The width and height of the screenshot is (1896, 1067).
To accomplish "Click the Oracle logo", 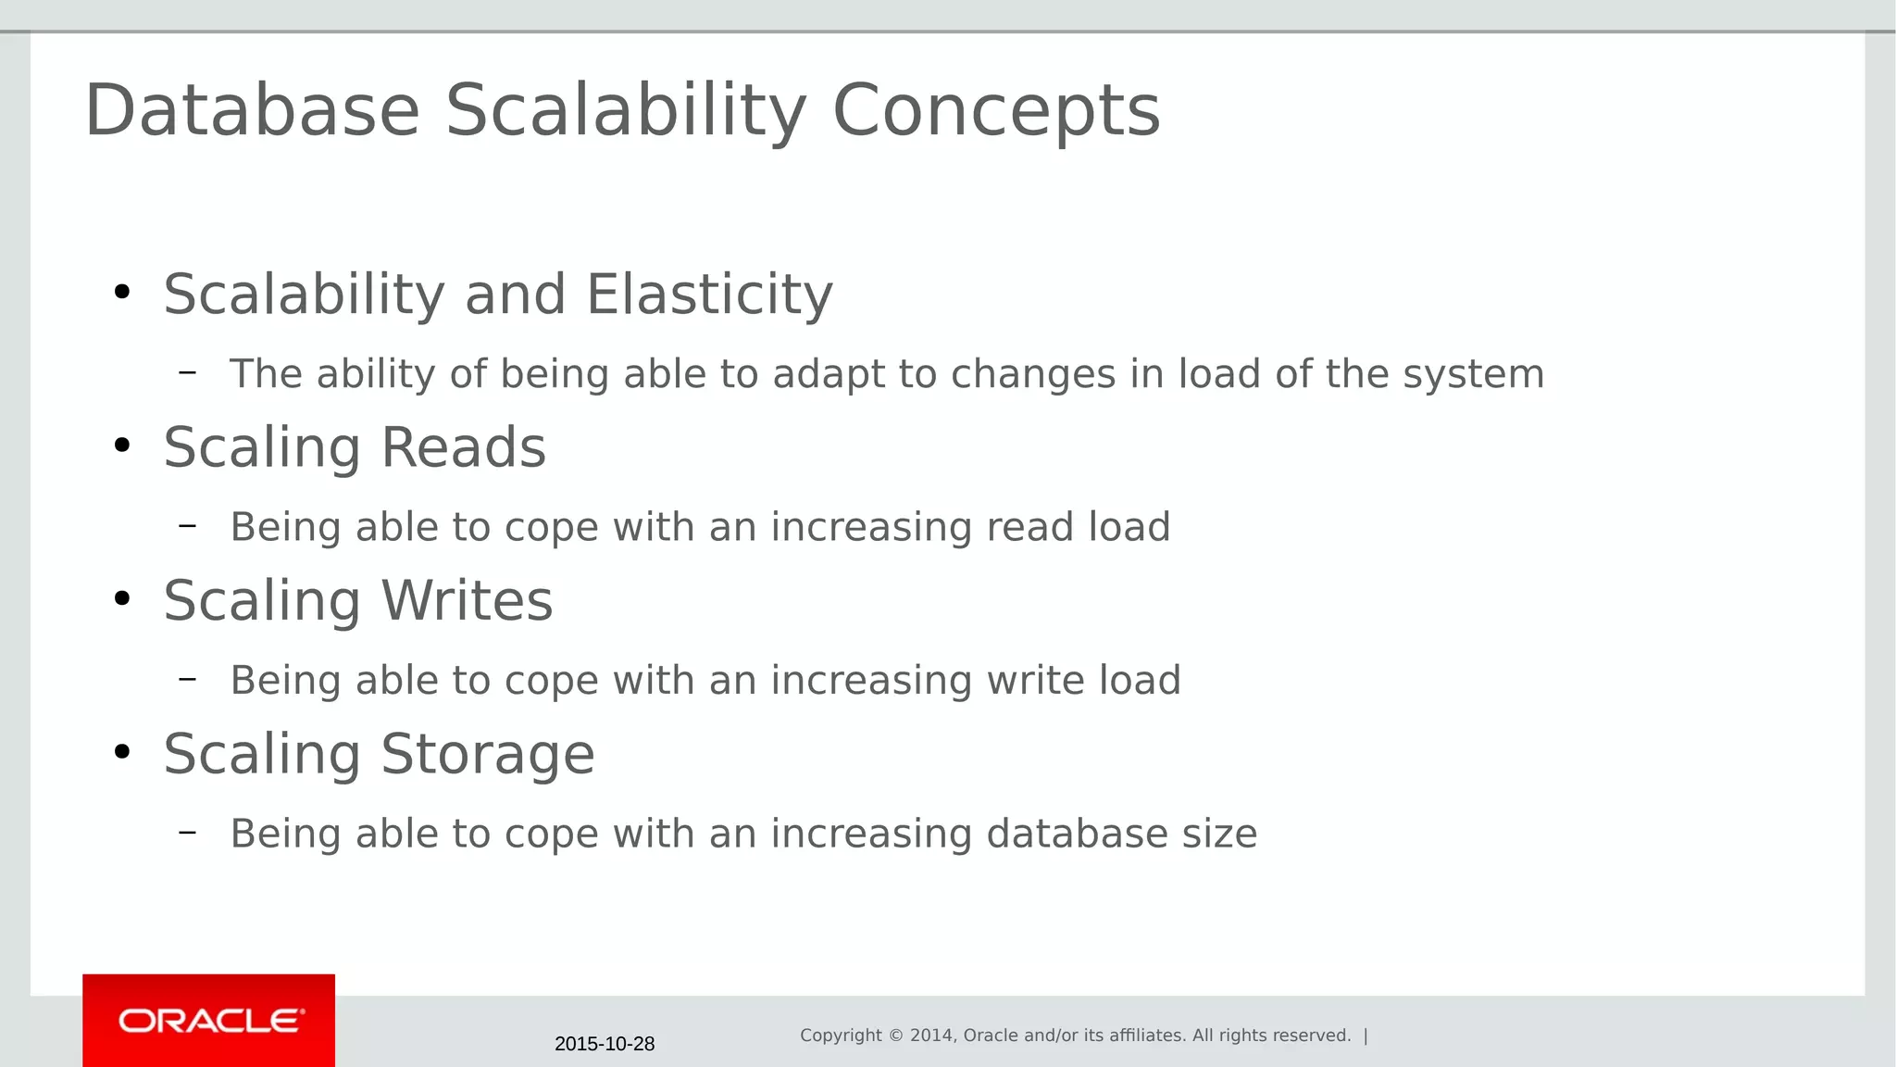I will [x=209, y=1021].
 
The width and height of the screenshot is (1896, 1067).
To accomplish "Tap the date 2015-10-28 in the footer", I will [x=605, y=1044].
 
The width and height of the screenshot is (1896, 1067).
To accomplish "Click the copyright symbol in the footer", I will [x=896, y=1036].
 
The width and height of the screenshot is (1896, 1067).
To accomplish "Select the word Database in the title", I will [x=252, y=110].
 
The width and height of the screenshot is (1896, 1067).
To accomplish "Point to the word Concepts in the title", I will [x=996, y=110].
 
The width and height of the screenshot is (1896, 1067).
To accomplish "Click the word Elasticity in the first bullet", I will [x=709, y=295].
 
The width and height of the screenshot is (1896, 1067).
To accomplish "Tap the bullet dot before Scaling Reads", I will [x=122, y=446].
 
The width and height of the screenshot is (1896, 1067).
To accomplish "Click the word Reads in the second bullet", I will [x=463, y=447].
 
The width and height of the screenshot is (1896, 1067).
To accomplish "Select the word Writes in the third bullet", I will [x=467, y=600].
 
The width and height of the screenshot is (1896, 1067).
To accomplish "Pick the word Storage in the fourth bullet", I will [x=488, y=754].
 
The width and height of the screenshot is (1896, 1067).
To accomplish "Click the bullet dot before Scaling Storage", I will [x=122, y=752].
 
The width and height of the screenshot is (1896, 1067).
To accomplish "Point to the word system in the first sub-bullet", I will [x=1473, y=374].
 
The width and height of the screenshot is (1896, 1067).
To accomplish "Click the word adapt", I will [x=829, y=374].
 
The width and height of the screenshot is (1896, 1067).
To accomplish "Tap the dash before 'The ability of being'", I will [x=188, y=372].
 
